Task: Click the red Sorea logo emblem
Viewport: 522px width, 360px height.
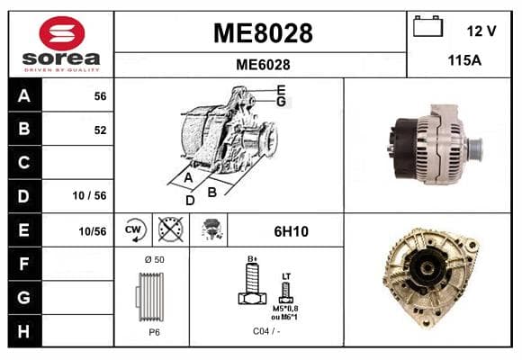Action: click(62, 33)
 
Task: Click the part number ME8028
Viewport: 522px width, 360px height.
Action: click(263, 33)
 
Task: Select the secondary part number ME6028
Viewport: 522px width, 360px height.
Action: click(263, 65)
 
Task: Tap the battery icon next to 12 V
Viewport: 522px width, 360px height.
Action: click(427, 26)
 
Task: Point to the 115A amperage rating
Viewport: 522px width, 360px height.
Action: click(464, 60)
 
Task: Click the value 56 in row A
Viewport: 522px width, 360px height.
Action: click(100, 96)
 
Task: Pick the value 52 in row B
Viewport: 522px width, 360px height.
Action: click(100, 130)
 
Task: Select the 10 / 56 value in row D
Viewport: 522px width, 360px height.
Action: click(90, 195)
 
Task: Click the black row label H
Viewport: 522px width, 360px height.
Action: click(24, 331)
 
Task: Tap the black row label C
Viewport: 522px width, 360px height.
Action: click(24, 163)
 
